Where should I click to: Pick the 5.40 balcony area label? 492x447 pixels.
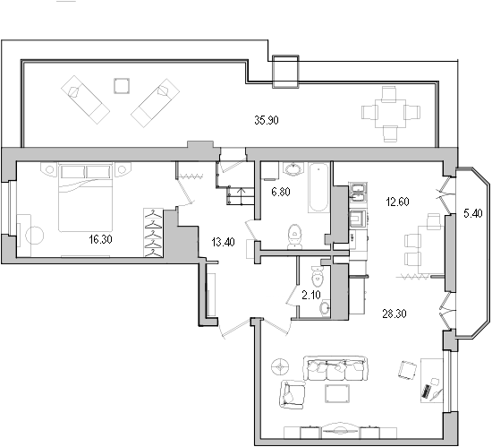point(471,213)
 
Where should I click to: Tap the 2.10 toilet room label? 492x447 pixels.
point(310,293)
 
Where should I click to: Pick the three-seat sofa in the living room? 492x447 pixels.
point(335,369)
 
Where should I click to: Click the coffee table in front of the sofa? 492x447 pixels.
point(337,395)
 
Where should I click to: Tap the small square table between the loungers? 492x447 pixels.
point(122,86)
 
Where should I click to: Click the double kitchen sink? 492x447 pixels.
point(357,188)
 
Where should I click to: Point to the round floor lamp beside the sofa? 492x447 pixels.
point(280,366)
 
